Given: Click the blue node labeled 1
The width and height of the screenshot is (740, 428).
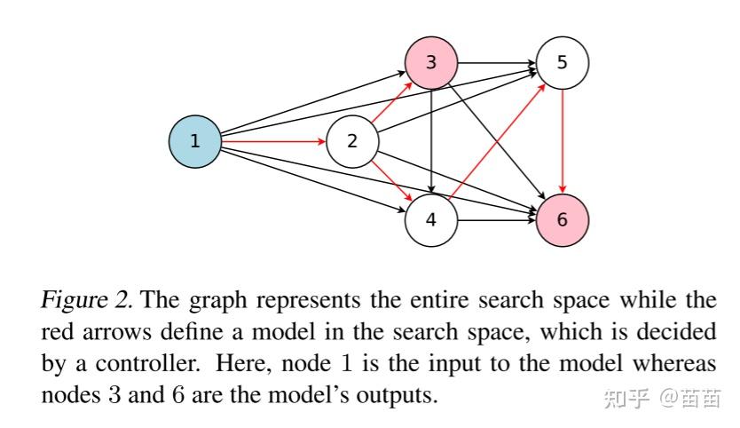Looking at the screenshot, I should point(194,140).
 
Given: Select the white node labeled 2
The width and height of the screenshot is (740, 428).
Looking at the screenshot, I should point(352,140).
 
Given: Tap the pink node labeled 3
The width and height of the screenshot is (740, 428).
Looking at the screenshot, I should point(431,62).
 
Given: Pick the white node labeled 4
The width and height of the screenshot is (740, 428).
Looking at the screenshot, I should point(431,218).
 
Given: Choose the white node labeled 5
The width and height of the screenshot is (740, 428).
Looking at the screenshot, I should point(563,62).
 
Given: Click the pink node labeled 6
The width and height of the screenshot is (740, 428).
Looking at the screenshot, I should point(563,218).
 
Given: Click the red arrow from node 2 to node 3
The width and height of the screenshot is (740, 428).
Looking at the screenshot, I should point(391,102).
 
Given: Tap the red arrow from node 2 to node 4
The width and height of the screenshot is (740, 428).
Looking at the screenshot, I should point(391,179).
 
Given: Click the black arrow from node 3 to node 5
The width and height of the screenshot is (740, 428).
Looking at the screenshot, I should point(497,63).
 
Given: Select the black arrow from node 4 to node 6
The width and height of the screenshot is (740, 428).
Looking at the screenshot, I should point(497,218).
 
